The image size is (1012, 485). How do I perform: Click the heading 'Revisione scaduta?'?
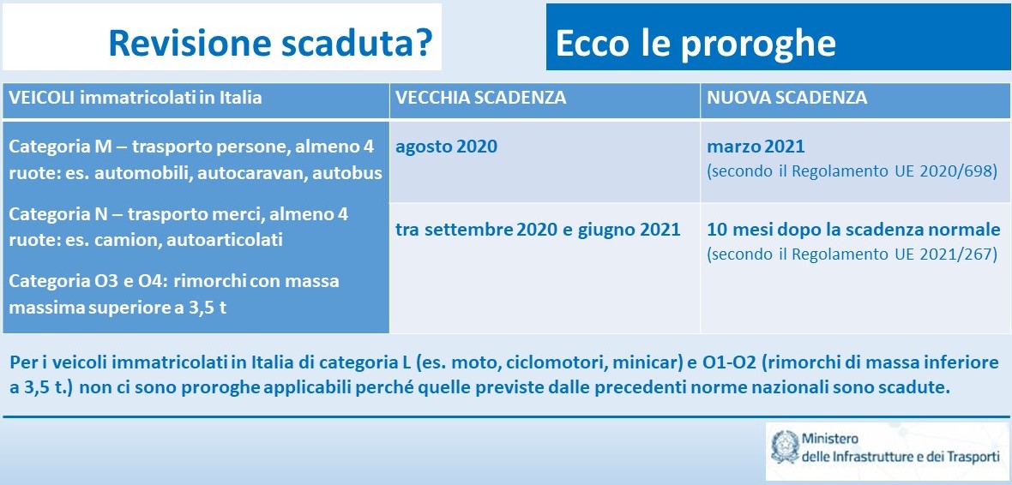[x=270, y=44]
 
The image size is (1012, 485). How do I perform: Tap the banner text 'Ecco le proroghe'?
[x=696, y=44]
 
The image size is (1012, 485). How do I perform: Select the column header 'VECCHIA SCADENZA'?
[x=481, y=98]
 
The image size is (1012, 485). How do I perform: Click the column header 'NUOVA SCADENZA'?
[x=786, y=98]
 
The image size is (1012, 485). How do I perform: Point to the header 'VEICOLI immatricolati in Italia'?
[x=136, y=98]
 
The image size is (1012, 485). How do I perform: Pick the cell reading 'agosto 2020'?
[x=447, y=147]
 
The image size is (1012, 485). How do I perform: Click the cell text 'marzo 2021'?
[x=756, y=147]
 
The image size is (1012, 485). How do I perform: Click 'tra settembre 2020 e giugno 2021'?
[x=539, y=230]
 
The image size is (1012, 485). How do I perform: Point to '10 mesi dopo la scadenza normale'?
[x=854, y=230]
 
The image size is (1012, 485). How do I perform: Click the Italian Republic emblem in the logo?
[x=784, y=447]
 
